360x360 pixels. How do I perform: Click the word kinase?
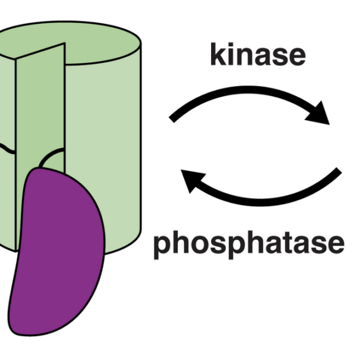click(258, 54)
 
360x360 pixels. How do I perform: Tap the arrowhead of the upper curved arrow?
click(319, 114)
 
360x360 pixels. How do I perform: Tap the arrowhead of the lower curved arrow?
click(192, 180)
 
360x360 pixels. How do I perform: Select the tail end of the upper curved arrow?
click(172, 119)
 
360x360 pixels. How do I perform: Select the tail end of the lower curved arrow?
click(339, 170)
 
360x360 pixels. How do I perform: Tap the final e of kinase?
click(297, 57)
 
